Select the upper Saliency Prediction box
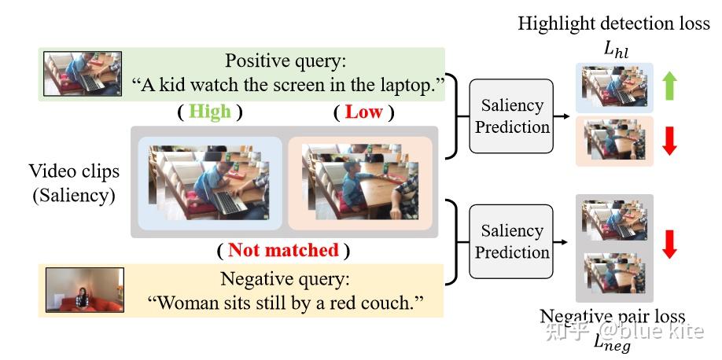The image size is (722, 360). (x=512, y=116)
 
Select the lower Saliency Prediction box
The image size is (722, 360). (x=512, y=241)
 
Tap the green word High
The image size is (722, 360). (x=209, y=112)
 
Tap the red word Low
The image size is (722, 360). (x=363, y=112)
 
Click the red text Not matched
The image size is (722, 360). (x=283, y=251)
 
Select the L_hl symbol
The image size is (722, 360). (x=617, y=49)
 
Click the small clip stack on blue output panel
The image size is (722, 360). (x=611, y=86)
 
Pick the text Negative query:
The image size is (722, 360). (x=283, y=279)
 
